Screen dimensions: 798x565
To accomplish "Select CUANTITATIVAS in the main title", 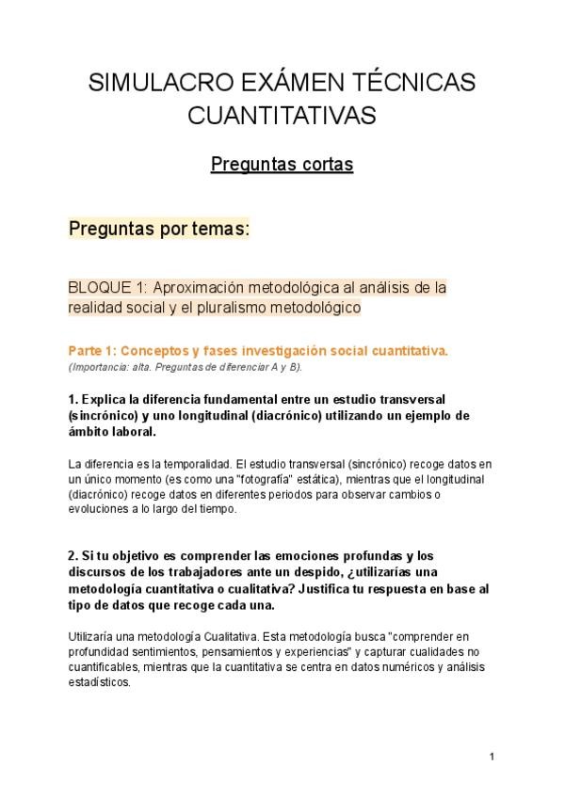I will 282,116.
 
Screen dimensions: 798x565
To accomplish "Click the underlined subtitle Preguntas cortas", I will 282,165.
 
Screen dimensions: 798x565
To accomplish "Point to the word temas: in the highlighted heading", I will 218,229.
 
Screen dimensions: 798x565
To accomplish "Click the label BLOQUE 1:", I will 106,287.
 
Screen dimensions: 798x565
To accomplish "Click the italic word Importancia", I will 98,365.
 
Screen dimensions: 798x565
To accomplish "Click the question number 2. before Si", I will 73,556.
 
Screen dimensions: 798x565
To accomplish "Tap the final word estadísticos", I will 98,683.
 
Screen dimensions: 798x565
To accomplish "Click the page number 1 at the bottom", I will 492,757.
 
